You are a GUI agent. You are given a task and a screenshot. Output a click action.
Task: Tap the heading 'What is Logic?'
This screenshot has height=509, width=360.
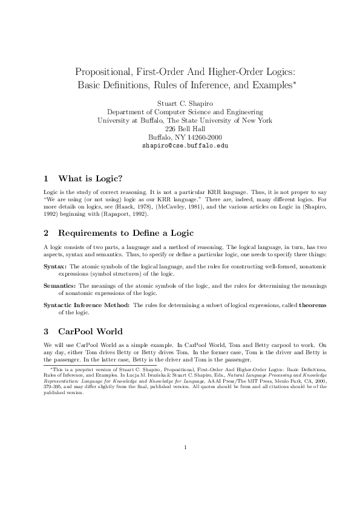pyautogui.click(x=90, y=178)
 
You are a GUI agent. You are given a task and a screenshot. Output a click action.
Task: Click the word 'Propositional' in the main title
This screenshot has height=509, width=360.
pyautogui.click(x=109, y=71)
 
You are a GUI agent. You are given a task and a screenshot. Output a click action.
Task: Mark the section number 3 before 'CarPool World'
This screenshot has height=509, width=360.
pyautogui.click(x=47, y=331)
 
